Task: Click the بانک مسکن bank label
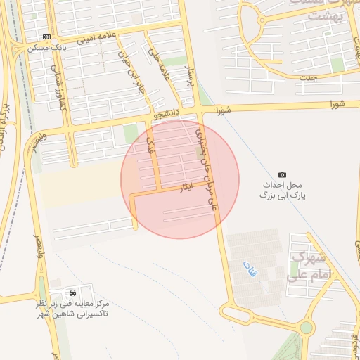point(46,49)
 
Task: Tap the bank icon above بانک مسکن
point(46,37)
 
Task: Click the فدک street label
point(148,146)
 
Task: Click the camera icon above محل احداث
point(283,174)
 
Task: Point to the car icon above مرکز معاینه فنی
point(73,292)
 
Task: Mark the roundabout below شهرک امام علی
point(305,327)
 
